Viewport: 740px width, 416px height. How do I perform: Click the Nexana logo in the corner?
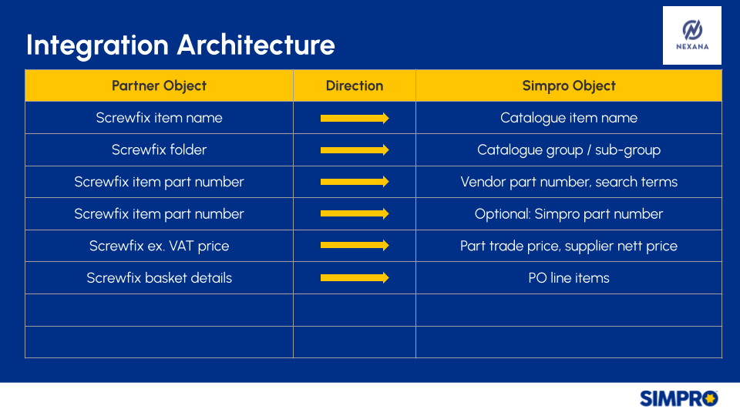tap(692, 35)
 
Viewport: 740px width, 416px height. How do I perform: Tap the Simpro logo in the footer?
tap(678, 398)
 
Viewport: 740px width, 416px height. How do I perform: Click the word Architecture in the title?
tap(256, 45)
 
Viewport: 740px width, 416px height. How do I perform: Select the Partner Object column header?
tap(159, 86)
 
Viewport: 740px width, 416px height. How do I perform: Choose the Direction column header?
tap(355, 86)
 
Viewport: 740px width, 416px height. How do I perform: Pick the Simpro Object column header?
tap(569, 86)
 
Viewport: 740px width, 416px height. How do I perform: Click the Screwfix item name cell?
tap(159, 118)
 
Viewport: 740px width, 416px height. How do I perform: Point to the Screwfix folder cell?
tap(159, 150)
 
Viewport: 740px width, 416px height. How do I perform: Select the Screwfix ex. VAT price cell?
tap(159, 246)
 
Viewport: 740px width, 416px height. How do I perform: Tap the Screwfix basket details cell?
tap(159, 278)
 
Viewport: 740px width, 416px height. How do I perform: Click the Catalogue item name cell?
tap(569, 118)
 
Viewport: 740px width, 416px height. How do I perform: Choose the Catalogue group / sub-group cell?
tap(569, 150)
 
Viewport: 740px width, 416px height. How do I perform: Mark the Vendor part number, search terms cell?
tap(569, 182)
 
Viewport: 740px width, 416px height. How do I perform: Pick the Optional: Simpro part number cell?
tap(569, 214)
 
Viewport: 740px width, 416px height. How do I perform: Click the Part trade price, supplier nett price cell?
tap(569, 246)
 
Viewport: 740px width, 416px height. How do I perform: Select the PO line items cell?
tap(569, 278)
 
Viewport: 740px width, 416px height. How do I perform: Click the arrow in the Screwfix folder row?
tap(355, 150)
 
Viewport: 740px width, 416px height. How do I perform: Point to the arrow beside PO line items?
tap(355, 278)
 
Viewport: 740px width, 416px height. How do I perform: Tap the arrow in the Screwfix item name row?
tap(355, 118)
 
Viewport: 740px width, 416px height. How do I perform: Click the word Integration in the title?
tap(97, 45)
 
